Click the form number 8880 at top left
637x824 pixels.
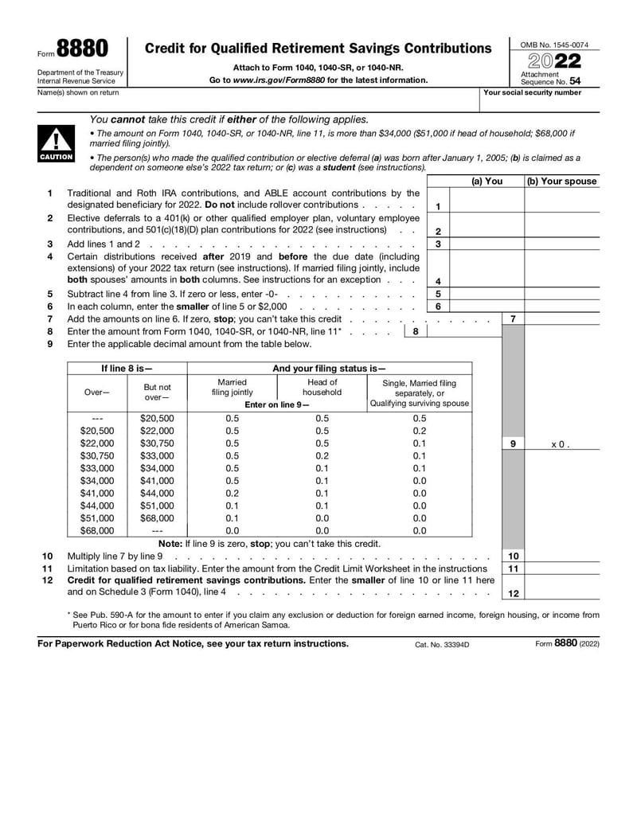(x=83, y=49)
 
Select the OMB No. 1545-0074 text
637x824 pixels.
(x=554, y=45)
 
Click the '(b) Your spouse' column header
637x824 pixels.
(x=561, y=182)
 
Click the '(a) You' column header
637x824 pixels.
(x=487, y=182)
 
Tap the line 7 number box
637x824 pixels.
(x=513, y=318)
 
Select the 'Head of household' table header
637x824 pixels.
(x=322, y=387)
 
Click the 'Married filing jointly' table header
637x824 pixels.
(x=232, y=387)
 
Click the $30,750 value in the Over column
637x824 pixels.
(x=97, y=455)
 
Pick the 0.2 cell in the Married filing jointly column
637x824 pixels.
(x=232, y=493)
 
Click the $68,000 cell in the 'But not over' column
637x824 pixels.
(x=157, y=517)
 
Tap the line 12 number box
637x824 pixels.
(x=513, y=593)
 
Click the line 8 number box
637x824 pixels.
(x=415, y=331)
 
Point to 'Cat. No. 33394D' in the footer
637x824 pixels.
(x=442, y=644)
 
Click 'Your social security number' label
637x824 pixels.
(x=533, y=92)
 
